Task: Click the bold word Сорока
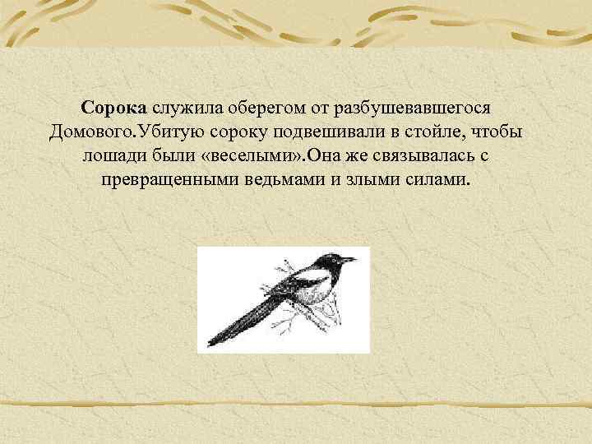(114, 109)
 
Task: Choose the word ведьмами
(286, 179)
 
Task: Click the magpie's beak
(352, 260)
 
